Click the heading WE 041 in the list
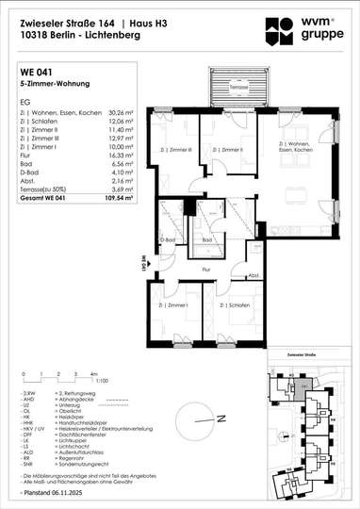[x=36, y=71]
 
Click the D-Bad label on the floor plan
[x=169, y=239]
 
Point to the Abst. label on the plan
[x=254, y=275]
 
